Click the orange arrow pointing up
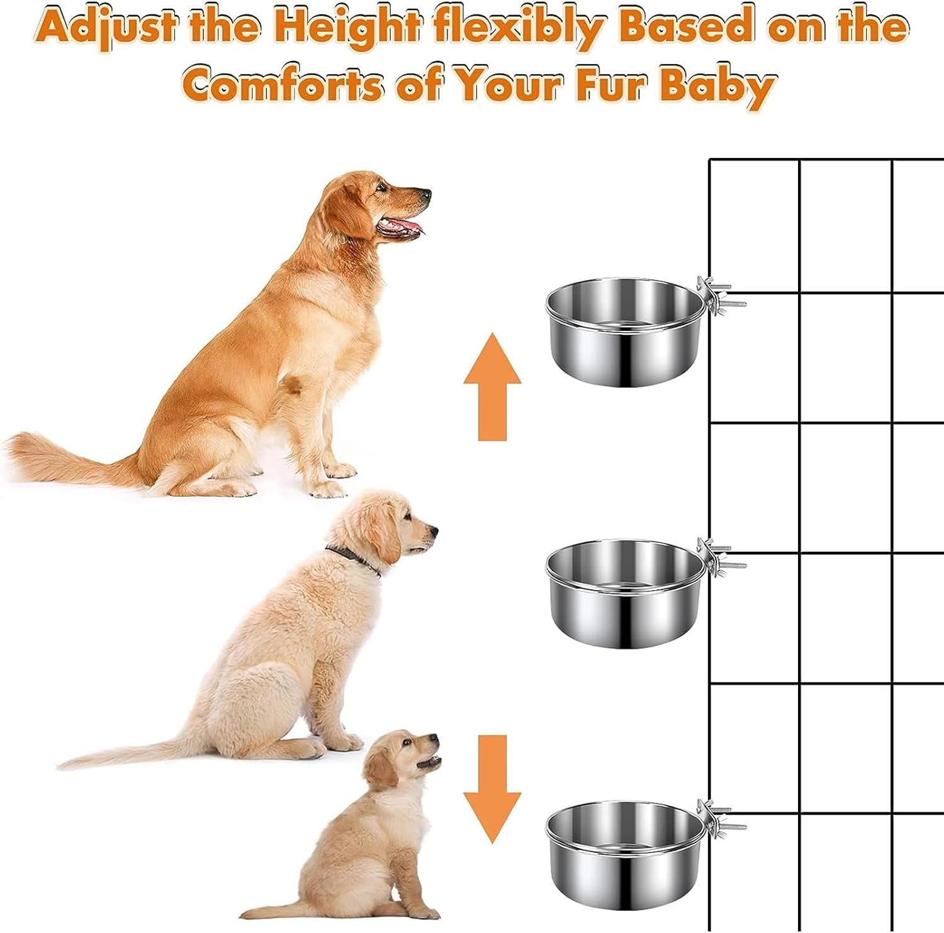[x=492, y=386]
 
